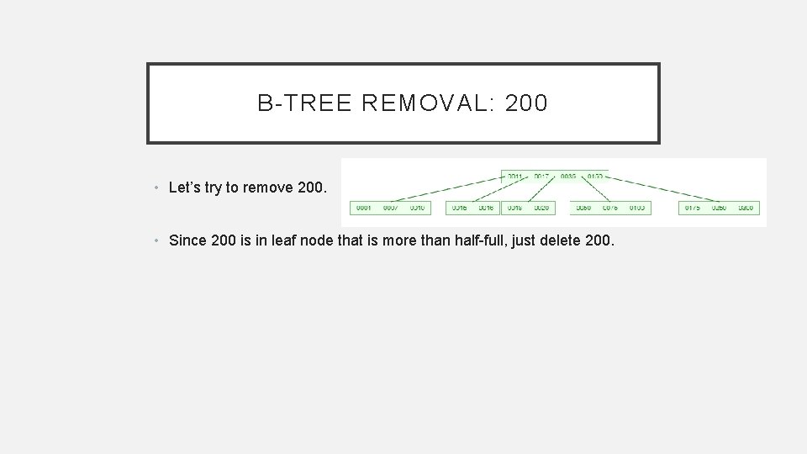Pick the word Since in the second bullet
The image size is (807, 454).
pos(187,240)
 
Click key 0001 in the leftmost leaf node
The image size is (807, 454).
pos(364,208)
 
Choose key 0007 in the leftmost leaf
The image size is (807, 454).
pos(390,208)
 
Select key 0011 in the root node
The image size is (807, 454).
pos(514,176)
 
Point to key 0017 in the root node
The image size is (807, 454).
pos(541,176)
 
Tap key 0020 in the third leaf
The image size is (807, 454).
pos(541,208)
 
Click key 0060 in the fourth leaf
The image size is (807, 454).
pos(583,208)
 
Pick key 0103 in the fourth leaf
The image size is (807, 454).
pos(636,208)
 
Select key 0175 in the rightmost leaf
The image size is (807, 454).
pos(692,208)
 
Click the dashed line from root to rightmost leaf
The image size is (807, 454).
pos(664,190)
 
